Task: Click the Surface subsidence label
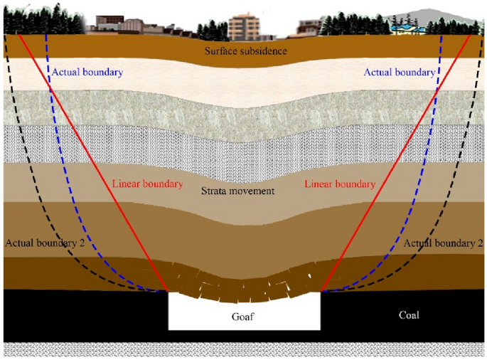point(245,51)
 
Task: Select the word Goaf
point(245,317)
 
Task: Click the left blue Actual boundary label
point(87,73)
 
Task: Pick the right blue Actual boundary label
point(399,73)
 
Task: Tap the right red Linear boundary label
point(340,184)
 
